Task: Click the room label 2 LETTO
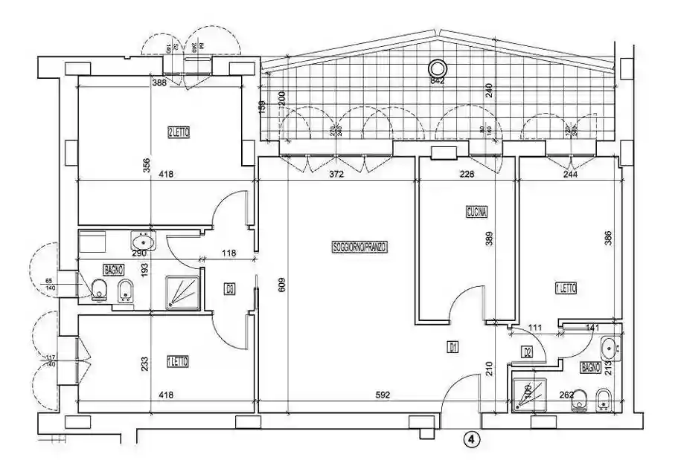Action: coord(179,132)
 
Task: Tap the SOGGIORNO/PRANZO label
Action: coord(360,247)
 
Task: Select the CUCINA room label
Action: coord(476,211)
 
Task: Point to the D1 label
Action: coord(452,346)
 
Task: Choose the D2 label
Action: coord(527,352)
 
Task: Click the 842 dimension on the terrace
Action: coord(437,81)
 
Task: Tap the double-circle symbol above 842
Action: coord(437,67)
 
